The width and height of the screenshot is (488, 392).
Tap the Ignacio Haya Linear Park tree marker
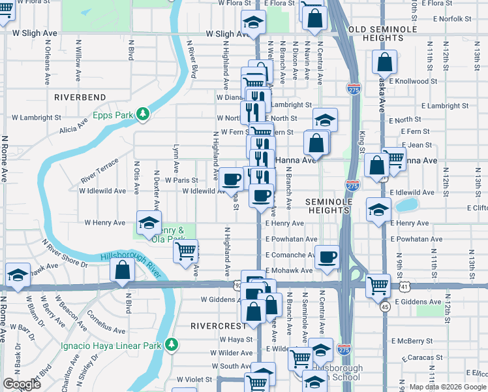172,344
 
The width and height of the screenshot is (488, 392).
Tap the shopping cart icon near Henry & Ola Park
186,250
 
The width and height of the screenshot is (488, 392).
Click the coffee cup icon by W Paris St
230,178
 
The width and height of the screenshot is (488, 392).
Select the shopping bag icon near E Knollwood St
385,62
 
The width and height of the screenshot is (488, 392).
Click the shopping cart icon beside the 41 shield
378,285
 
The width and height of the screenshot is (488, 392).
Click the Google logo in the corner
22,384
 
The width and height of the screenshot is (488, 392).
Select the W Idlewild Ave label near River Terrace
102,191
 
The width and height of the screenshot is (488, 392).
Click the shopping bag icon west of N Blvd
122,269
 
